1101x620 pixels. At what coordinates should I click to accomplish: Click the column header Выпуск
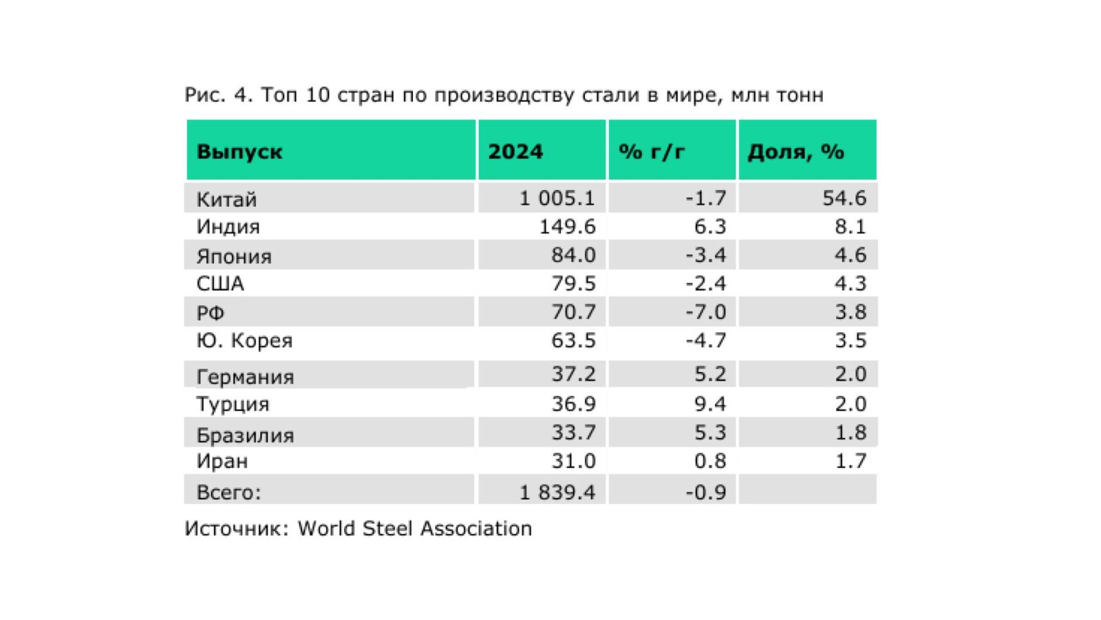point(239,152)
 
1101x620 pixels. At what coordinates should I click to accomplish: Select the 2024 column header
point(515,151)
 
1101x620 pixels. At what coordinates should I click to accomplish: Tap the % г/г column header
point(651,152)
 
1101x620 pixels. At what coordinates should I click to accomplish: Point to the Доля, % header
point(795,152)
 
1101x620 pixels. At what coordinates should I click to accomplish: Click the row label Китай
point(226,199)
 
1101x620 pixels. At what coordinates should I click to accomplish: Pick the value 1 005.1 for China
point(557,198)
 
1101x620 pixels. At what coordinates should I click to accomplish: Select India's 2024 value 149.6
point(567,227)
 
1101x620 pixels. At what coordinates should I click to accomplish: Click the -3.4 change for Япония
point(706,255)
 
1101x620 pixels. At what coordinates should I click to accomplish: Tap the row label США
point(220,283)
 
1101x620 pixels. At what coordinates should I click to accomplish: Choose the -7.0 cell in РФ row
point(706,311)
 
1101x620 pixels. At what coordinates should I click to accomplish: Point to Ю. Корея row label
point(244,340)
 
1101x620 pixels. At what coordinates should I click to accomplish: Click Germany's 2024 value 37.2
point(573,374)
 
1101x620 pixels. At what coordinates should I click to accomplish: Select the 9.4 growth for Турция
point(710,404)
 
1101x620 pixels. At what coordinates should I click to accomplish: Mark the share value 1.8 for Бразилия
point(851,432)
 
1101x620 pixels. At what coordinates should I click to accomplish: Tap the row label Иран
point(222,461)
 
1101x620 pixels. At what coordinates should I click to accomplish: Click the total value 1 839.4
point(557,492)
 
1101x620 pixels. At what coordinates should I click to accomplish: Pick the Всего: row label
point(228,492)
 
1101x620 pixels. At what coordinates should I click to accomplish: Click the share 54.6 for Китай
point(844,198)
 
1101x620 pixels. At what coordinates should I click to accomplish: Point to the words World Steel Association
point(415,528)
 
